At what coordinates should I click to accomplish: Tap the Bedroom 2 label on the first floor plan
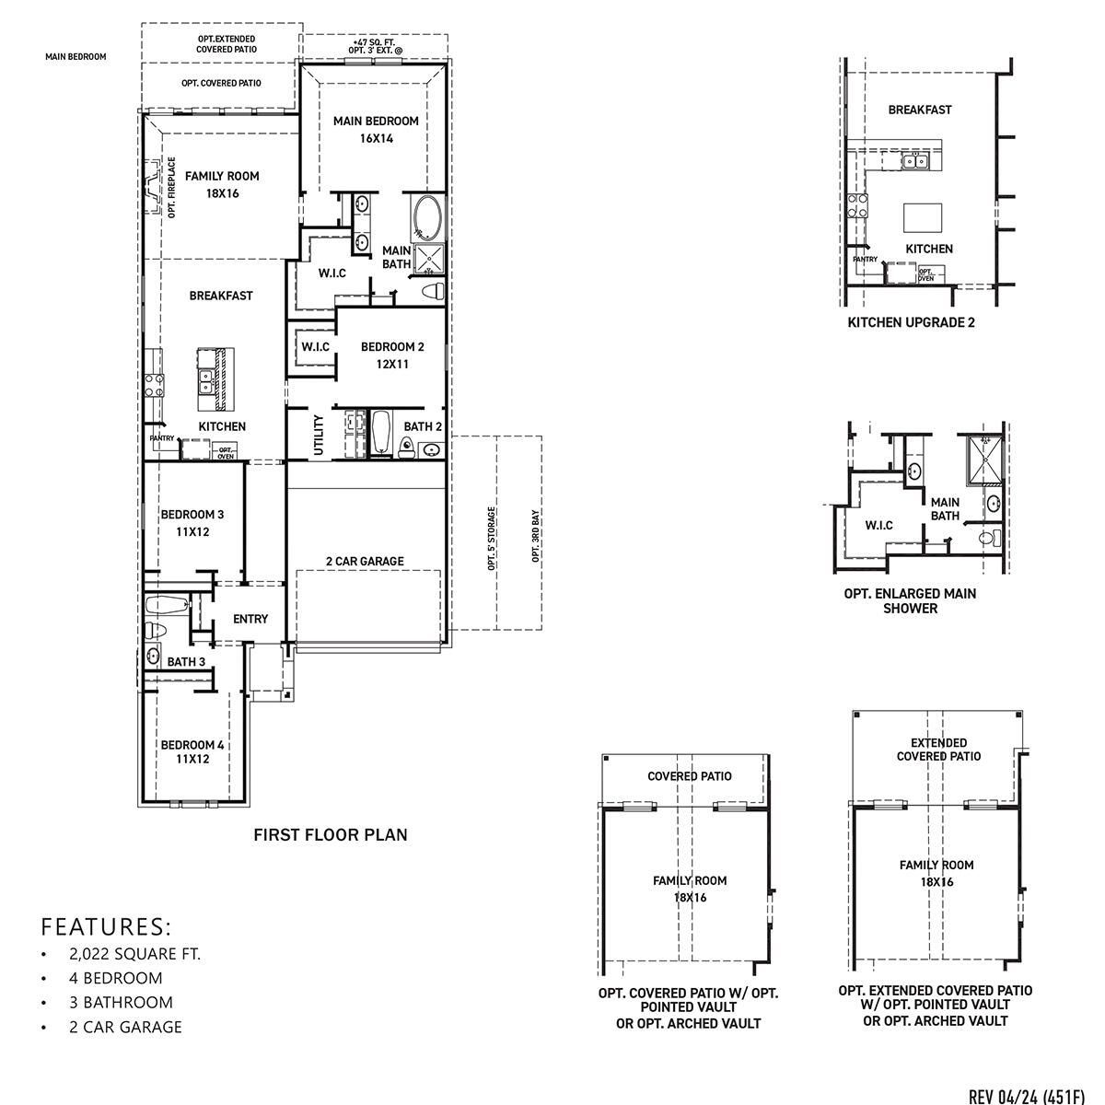[x=392, y=355]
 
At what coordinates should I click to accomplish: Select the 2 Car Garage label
[x=365, y=562]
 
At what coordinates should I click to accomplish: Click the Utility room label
[x=319, y=434]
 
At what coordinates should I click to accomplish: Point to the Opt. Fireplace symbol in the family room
[x=152, y=189]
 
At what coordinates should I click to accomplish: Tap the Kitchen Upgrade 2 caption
[x=910, y=322]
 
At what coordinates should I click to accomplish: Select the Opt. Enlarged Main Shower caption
[x=910, y=601]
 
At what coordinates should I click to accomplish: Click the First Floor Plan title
[x=330, y=835]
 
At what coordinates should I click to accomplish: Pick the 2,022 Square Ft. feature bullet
[x=134, y=954]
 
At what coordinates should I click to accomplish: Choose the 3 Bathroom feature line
[x=121, y=1003]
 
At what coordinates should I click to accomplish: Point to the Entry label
[x=250, y=620]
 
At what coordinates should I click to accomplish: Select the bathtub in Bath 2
[x=381, y=433]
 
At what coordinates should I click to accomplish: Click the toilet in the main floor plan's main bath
[x=432, y=292]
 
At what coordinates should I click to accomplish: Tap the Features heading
[x=107, y=925]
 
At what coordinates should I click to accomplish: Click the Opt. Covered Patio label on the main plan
[x=221, y=83]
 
